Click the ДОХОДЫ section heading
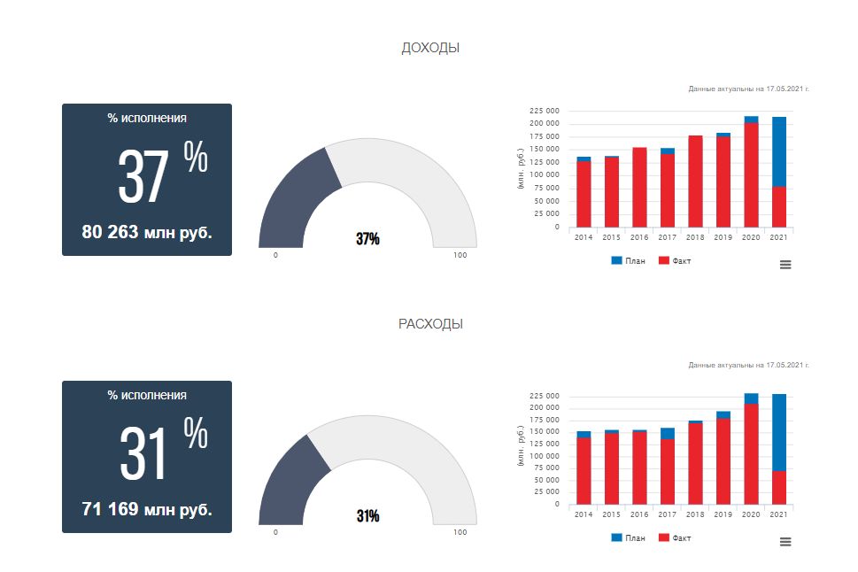(430, 48)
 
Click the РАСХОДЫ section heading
(430, 324)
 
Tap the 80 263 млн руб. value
(147, 232)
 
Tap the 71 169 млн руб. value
(147, 509)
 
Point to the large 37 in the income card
(143, 177)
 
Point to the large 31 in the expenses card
(143, 453)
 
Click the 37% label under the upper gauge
(367, 239)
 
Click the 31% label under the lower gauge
(367, 516)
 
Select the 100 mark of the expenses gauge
(460, 532)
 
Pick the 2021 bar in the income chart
(779, 172)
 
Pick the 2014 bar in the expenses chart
(584, 469)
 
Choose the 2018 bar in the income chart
(695, 182)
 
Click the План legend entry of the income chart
(628, 261)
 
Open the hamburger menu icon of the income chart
(785, 264)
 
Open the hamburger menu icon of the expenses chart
(785, 541)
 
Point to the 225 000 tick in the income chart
(545, 111)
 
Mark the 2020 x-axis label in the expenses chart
(751, 514)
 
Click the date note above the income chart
(748, 89)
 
